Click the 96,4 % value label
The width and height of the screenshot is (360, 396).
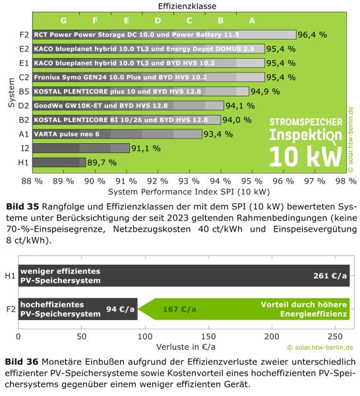[x=313, y=35]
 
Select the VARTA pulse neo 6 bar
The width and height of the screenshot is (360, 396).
[x=117, y=134]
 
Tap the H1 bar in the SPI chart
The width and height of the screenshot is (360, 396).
[x=59, y=162]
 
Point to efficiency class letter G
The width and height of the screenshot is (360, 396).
[x=63, y=20]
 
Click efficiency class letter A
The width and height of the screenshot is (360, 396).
[x=252, y=20]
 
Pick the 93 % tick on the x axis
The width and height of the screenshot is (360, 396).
[x=189, y=181]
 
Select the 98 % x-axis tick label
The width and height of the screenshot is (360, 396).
[x=346, y=181]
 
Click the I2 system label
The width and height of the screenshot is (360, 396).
[x=25, y=148]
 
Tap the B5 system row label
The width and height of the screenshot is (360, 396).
[x=24, y=92]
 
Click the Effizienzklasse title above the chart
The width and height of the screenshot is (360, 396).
[x=187, y=6]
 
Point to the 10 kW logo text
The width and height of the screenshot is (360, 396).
[x=305, y=157]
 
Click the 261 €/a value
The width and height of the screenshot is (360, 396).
[x=330, y=276]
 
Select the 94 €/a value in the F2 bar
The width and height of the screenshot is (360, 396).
[x=120, y=309]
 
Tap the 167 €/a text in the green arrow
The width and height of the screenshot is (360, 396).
[x=179, y=309]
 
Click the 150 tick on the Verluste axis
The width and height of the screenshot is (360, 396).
[x=208, y=337]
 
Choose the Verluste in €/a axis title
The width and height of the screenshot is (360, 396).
[x=186, y=347]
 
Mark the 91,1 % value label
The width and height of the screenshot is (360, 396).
[x=146, y=148]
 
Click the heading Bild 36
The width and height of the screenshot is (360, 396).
[x=22, y=362]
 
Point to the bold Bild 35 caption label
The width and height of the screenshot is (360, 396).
[x=22, y=207]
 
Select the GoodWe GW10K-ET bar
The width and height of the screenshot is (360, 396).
[x=128, y=106]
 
